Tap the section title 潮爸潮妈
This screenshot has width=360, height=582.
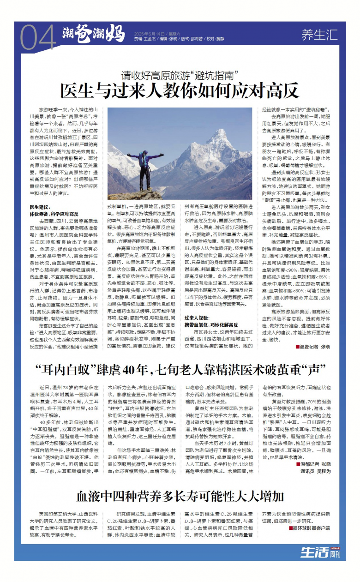pyautogui.click(x=94, y=35)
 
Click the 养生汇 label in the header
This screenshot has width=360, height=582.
pyautogui.click(x=319, y=35)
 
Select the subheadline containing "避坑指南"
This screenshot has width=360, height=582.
pyautogui.click(x=180, y=74)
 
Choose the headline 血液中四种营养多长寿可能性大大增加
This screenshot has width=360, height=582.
pyautogui.click(x=180, y=497)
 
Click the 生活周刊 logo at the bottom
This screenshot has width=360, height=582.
pyautogui.click(x=320, y=552)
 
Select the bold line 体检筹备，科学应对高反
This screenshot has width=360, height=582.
pyautogui.click(x=54, y=214)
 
